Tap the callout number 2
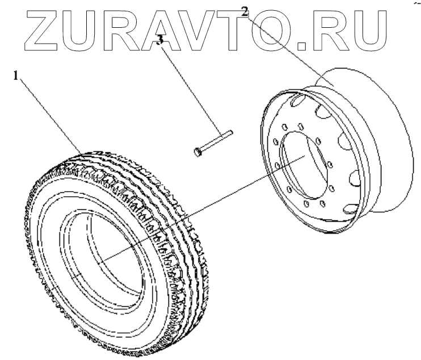pyautogui.click(x=245, y=11)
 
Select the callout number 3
pyautogui.click(x=161, y=40)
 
